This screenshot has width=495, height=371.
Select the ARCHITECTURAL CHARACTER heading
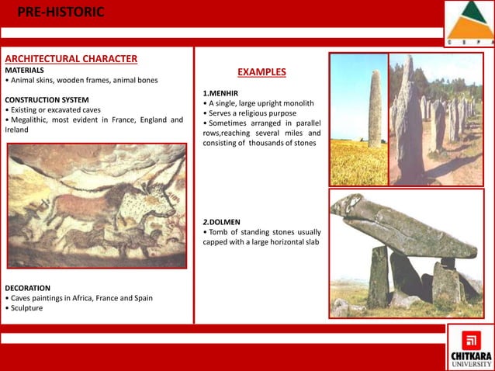coord(71,59)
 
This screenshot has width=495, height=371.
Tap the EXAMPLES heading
coord(261,73)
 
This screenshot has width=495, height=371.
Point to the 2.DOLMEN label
coord(223,221)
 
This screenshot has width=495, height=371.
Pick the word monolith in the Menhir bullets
coord(296,103)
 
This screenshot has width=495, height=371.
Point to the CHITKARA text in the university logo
coord(471,355)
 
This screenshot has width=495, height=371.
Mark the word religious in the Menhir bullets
coord(256,113)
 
